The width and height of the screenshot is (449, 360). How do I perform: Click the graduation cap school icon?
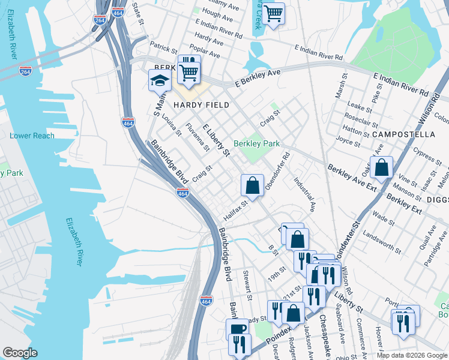160,80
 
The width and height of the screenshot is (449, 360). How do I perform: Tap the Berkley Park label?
256,144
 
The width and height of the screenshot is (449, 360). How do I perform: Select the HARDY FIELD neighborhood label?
201,105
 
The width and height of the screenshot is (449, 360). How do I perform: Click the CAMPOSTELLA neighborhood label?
402,134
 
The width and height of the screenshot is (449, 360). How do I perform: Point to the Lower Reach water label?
32,136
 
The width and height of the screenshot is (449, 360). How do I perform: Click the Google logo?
20,353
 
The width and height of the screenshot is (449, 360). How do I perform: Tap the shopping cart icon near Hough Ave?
274,13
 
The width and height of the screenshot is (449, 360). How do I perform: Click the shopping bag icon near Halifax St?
253,185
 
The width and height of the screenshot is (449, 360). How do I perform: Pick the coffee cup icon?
237,329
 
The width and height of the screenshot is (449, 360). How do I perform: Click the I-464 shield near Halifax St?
183,193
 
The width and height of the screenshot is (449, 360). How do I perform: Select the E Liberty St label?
216,140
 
